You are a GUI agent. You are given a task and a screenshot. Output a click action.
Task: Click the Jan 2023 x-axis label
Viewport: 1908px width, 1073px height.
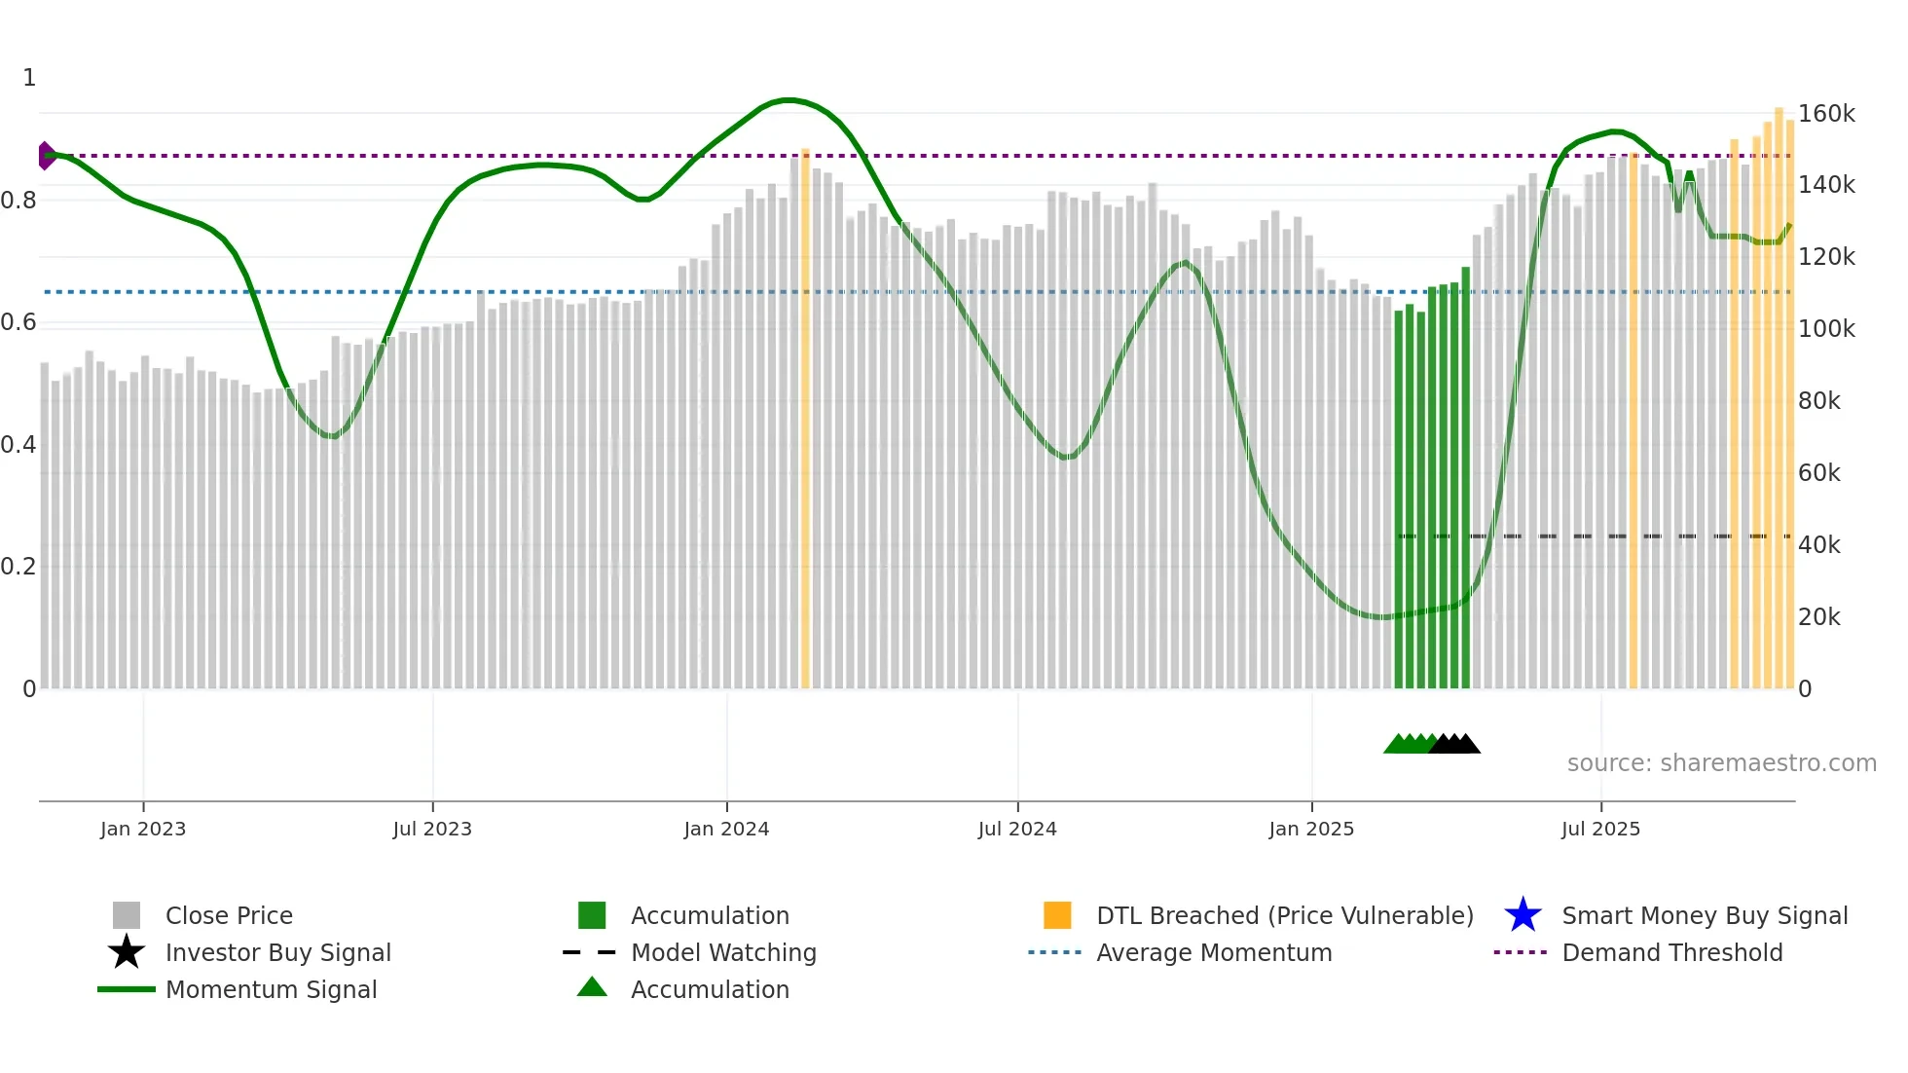143,829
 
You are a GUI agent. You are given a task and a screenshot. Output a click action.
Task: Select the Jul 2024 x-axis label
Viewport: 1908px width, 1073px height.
1017,829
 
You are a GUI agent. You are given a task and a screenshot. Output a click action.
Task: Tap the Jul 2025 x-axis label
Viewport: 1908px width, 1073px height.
1600,829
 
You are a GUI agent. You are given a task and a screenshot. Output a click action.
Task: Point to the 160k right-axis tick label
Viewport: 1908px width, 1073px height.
1826,114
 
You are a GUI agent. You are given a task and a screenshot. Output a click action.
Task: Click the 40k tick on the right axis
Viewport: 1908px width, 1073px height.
1818,545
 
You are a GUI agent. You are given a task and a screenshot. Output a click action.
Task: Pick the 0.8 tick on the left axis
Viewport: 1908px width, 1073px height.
18,201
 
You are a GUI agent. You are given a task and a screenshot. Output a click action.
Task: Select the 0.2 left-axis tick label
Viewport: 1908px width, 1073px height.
18,567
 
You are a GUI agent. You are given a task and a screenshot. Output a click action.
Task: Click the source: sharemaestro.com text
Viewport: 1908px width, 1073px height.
1721,763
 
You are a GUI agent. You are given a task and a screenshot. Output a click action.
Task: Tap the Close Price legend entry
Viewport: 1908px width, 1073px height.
229,915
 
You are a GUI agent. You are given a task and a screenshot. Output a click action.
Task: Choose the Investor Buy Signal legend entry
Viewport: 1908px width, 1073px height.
277,952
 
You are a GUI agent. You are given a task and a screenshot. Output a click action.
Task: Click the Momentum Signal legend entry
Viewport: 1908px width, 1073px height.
271,989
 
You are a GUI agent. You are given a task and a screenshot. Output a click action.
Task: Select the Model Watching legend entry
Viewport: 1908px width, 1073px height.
723,952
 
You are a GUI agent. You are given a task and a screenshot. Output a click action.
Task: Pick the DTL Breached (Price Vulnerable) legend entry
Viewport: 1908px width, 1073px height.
1284,915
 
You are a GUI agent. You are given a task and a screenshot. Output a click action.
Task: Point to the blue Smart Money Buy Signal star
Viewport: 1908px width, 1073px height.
1523,915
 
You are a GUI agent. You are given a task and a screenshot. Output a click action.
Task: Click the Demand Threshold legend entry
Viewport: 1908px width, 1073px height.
1671,952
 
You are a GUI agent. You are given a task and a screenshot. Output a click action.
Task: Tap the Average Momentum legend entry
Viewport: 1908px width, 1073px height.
1214,952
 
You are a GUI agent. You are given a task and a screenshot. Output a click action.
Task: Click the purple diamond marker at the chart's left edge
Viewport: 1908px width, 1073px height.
46,156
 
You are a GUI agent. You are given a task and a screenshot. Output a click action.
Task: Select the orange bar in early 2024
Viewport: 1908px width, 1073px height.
805,419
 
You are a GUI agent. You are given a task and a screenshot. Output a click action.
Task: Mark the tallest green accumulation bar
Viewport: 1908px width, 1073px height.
1465,477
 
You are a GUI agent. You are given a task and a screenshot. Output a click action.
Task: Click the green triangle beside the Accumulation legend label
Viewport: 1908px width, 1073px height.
592,987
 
